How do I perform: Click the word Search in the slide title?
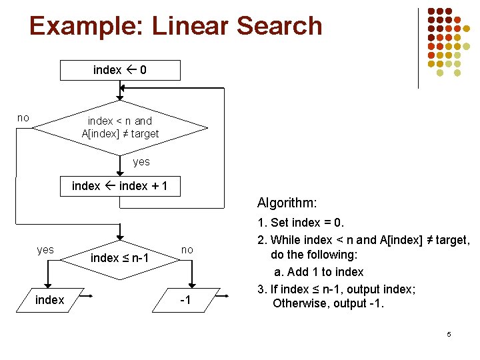pyautogui.click(x=279, y=26)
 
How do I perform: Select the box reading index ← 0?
pyautogui.click(x=120, y=70)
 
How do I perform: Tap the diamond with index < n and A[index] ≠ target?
pyautogui.click(x=120, y=127)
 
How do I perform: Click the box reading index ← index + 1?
pyautogui.click(x=120, y=186)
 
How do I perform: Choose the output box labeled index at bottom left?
pyautogui.click(x=50, y=300)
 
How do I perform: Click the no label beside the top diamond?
pyautogui.click(x=23, y=118)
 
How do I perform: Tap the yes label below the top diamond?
pyautogui.click(x=141, y=161)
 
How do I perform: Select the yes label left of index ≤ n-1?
pyautogui.click(x=45, y=250)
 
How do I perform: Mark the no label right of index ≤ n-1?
pyautogui.click(x=187, y=250)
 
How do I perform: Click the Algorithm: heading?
pyautogui.click(x=287, y=202)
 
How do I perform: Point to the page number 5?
pyautogui.click(x=449, y=334)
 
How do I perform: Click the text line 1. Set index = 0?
pyautogui.click(x=301, y=223)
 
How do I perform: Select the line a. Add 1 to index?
pyautogui.click(x=319, y=272)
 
